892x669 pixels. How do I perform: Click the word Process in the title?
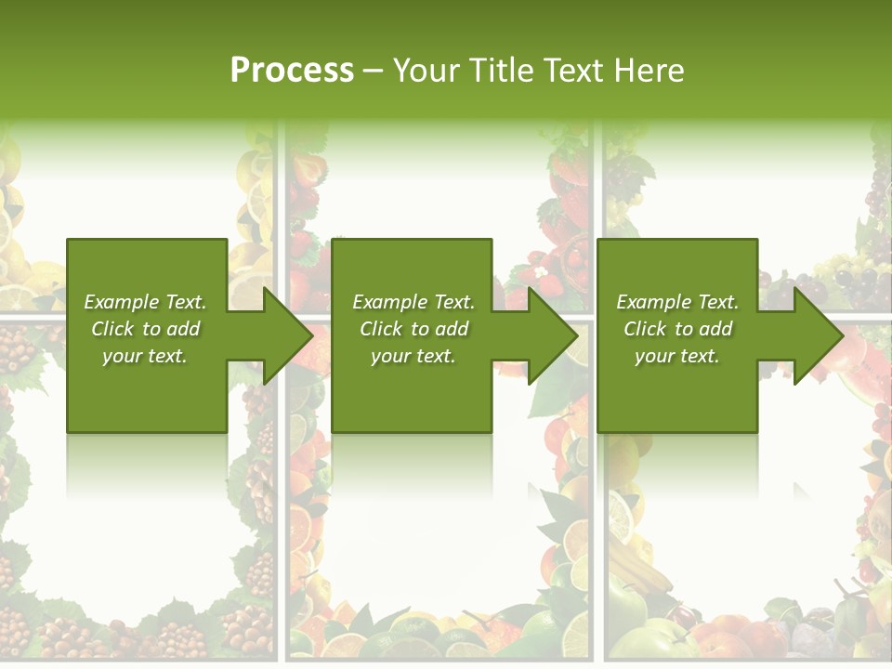tap(292, 71)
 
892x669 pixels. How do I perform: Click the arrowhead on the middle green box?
tap(555, 335)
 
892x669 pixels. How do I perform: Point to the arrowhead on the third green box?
tap(820, 335)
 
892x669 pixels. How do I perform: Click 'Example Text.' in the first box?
tap(145, 302)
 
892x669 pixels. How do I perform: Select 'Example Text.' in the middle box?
tap(413, 302)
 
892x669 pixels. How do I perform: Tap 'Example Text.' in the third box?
tap(677, 302)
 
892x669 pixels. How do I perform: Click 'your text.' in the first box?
tap(145, 356)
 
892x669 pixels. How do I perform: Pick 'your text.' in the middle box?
tap(413, 356)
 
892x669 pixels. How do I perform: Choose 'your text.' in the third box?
tap(677, 356)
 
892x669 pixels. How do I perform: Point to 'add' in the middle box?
tap(451, 329)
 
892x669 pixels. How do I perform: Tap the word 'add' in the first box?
tap(182, 329)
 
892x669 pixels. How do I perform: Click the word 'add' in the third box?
tap(715, 329)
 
